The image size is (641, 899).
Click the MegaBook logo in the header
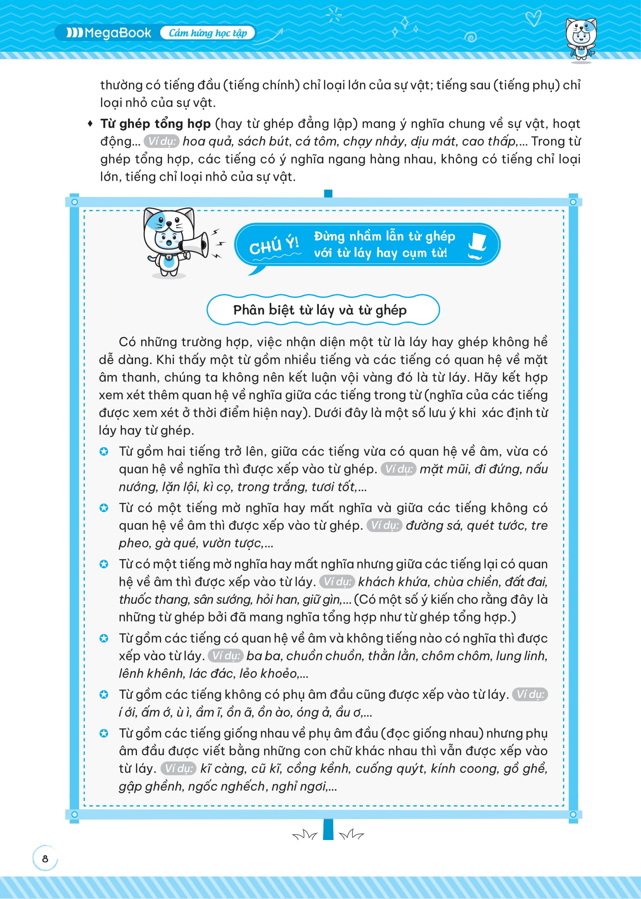[109, 33]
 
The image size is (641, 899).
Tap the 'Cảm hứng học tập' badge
[208, 33]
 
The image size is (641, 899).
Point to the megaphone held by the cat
[195, 244]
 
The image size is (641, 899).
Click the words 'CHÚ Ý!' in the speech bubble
[274, 245]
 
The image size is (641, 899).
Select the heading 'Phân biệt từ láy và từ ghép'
[320, 310]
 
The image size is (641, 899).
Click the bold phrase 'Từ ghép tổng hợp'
[156, 124]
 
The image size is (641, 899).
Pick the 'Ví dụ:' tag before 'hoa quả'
[162, 141]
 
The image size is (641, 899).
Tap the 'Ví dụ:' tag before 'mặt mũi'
[399, 469]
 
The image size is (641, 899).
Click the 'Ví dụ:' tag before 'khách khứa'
[337, 582]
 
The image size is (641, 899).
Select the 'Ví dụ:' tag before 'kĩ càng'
[179, 769]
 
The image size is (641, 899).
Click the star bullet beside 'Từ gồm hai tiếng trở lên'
[104, 451]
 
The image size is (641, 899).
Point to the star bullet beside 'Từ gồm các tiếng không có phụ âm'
[104, 695]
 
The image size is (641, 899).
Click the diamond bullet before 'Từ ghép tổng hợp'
[90, 124]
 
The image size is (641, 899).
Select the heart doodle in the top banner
[532, 18]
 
